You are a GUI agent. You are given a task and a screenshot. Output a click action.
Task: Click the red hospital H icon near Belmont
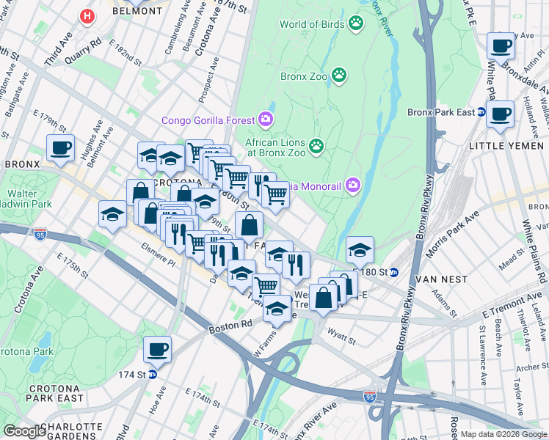pyautogui.click(x=88, y=15)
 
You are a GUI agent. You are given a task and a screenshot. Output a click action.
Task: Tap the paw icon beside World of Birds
pyautogui.click(x=356, y=23)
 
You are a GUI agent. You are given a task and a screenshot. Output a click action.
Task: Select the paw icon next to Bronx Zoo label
pyautogui.click(x=339, y=75)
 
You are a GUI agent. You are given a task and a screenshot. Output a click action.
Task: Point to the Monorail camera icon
pyautogui.click(x=353, y=185)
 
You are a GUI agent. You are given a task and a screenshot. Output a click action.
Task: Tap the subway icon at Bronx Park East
pyautogui.click(x=481, y=112)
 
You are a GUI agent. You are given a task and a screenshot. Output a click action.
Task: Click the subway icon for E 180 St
pyautogui.click(x=394, y=272)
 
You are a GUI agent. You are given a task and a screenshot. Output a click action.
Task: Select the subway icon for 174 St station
pyautogui.click(x=153, y=374)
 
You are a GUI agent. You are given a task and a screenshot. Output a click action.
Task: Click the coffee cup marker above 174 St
pyautogui.click(x=157, y=348)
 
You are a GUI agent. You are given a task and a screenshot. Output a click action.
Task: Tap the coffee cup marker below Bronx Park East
pyautogui.click(x=501, y=115)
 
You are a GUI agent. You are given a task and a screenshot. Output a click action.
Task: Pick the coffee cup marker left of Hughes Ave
pyautogui.click(x=60, y=147)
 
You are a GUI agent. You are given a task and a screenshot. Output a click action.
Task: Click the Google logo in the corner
pyautogui.click(x=24, y=431)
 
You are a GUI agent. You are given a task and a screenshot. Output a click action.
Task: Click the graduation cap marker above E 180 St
pyautogui.click(x=360, y=249)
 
